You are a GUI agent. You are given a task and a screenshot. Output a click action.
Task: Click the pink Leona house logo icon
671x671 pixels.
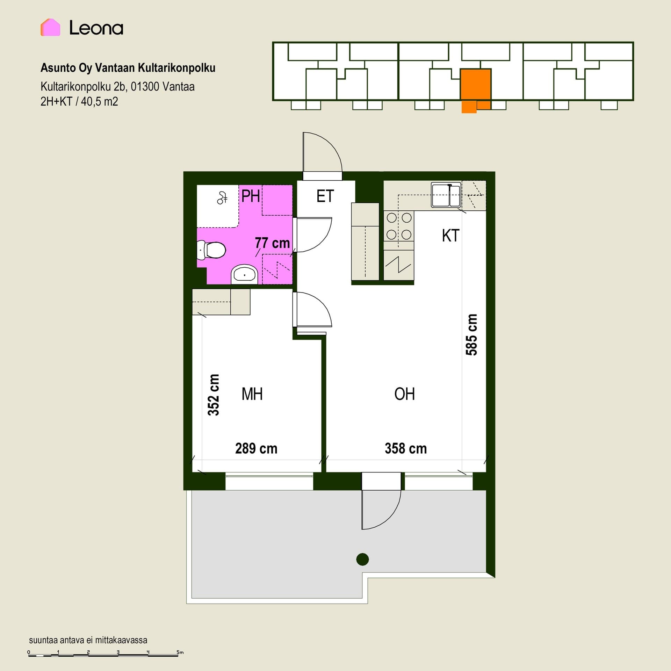coord(50,27)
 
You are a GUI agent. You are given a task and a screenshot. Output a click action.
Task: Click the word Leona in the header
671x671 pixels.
coord(96,28)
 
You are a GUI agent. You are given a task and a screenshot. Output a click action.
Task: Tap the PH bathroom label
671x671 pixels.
coord(251,196)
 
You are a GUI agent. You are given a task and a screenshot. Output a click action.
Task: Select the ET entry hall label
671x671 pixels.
coord(325,196)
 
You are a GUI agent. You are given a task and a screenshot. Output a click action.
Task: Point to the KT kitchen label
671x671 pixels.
coord(450,236)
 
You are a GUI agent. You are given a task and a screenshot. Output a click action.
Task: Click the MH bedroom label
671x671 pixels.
coord(252,394)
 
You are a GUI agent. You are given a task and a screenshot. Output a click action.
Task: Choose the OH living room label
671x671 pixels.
coord(404,394)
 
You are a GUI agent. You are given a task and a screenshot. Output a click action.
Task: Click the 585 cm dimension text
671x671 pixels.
coord(471,334)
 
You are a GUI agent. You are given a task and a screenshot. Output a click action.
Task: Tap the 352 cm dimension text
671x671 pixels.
coord(214,395)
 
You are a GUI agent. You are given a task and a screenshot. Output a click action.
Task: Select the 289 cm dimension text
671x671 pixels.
coord(256,448)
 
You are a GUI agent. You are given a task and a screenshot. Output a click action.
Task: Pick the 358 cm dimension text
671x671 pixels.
coord(406,448)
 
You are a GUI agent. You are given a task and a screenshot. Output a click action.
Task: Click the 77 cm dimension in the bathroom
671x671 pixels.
coord(272,243)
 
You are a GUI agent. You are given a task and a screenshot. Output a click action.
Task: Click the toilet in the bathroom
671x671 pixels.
coord(211,250)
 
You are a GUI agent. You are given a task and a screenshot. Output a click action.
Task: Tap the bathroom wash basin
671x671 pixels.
coord(244,274)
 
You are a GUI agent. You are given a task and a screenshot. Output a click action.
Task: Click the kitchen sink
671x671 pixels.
coord(446,195)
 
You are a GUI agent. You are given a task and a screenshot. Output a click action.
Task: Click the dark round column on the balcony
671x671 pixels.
coord(362,559)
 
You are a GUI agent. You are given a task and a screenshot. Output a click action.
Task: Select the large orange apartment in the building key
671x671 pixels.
coord(476,85)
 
